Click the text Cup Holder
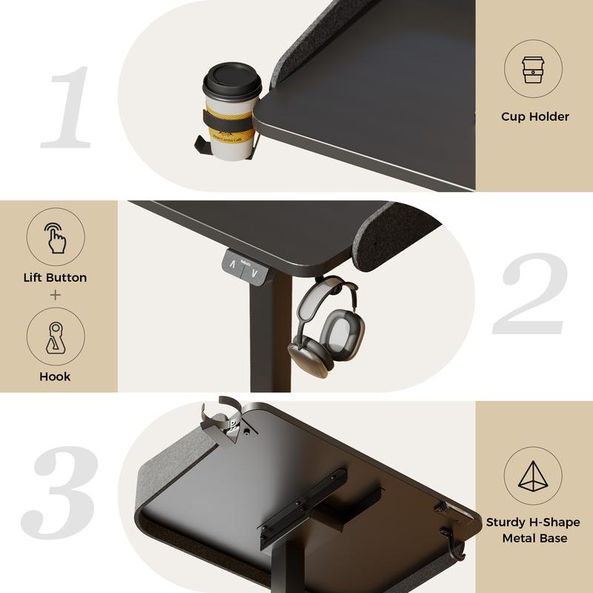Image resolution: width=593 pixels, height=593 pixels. (x=534, y=116)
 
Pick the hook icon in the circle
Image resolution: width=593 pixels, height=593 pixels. (x=56, y=337)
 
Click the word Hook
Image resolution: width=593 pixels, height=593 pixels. (x=55, y=377)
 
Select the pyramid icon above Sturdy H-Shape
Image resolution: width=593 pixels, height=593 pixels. (x=533, y=477)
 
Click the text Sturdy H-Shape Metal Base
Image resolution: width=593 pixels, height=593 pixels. (x=533, y=530)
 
